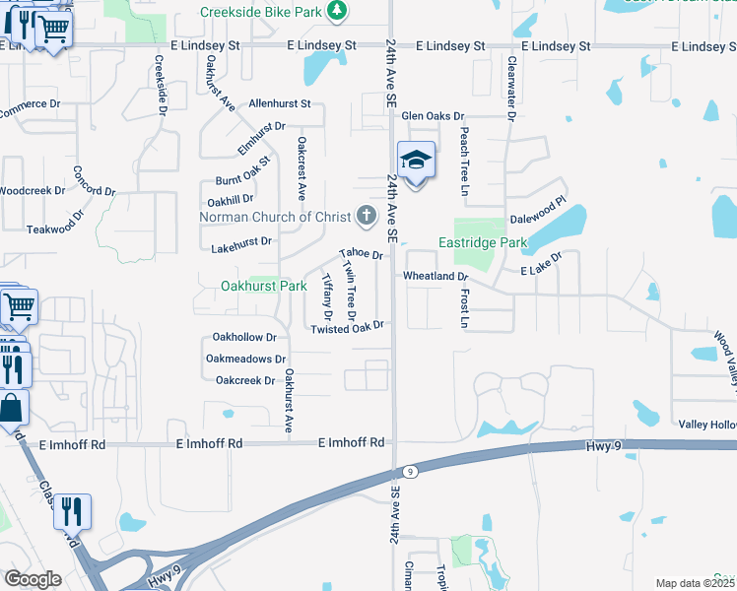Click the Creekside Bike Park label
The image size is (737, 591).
coord(262,12)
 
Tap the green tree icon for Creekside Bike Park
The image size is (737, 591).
coord(338,11)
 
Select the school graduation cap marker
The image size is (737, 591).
coord(416,161)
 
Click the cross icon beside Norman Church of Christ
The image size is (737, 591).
coord(366,215)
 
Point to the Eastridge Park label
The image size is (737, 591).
coord(483,242)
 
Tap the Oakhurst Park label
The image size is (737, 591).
coord(264,286)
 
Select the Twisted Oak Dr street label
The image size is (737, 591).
coord(346,328)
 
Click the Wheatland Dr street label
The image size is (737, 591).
coord(435,277)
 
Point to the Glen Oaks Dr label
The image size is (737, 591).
coord(426,115)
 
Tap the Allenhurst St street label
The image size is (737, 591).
coord(280,102)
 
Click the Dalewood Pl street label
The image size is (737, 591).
coord(538,219)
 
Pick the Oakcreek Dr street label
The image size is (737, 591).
coord(245,380)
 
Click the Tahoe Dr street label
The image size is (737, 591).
coord(361,254)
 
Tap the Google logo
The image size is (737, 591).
coord(33,578)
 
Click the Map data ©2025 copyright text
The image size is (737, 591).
coord(695,583)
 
